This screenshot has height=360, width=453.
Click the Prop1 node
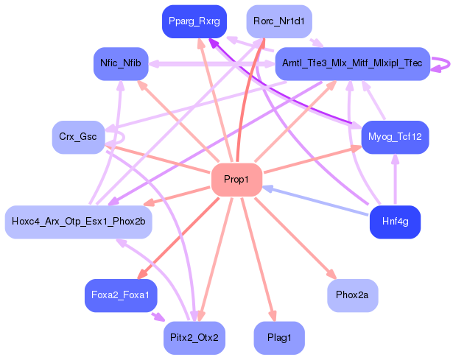[236, 180]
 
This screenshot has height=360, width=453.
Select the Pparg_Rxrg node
[194, 21]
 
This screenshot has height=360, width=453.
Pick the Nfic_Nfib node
[121, 63]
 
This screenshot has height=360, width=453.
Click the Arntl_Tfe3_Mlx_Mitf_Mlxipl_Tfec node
[351, 64]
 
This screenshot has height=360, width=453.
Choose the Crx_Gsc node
[78, 137]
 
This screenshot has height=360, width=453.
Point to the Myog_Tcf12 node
[395, 137]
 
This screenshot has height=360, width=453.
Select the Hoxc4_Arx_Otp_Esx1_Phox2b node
[78, 222]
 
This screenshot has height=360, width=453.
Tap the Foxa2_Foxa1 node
[120, 295]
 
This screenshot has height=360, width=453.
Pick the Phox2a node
[353, 295]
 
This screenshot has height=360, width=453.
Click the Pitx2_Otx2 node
[194, 338]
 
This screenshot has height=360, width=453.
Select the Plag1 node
[278, 338]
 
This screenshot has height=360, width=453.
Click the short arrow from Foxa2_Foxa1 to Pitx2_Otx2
[158, 317]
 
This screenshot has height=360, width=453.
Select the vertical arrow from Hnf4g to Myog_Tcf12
[396, 180]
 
